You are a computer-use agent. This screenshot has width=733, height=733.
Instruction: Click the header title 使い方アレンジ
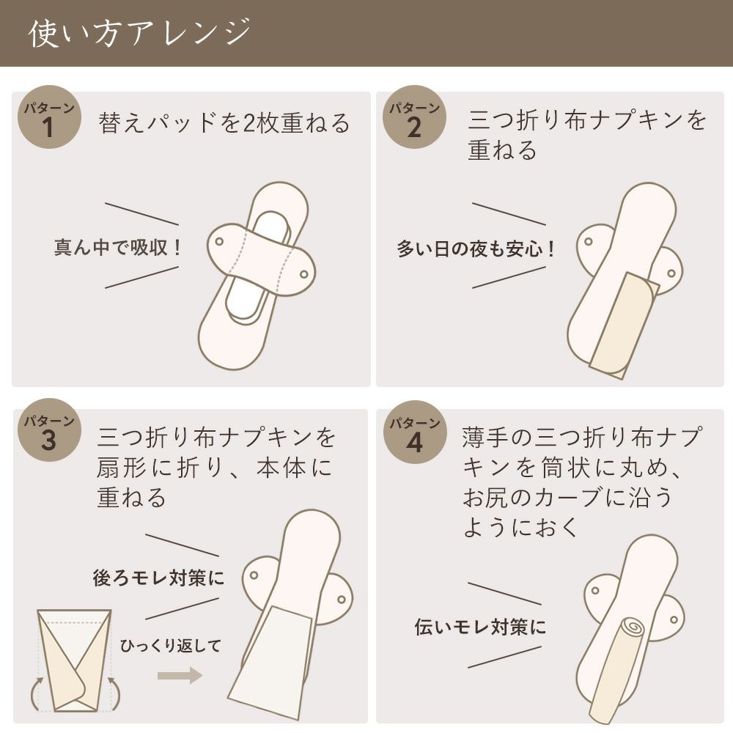[139, 34]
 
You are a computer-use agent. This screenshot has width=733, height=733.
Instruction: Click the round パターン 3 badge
[48, 432]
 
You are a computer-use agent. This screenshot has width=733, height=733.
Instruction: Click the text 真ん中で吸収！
[117, 247]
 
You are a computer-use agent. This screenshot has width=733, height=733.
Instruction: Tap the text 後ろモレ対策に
[158, 578]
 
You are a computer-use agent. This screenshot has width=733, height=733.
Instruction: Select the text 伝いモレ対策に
[480, 627]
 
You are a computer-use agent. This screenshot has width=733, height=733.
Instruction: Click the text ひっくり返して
[169, 646]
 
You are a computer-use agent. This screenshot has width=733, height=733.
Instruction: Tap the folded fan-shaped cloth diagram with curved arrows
[73, 660]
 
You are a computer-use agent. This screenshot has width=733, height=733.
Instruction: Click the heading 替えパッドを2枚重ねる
[224, 123]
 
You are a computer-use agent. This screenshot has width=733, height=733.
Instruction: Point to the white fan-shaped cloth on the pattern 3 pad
[271, 660]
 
